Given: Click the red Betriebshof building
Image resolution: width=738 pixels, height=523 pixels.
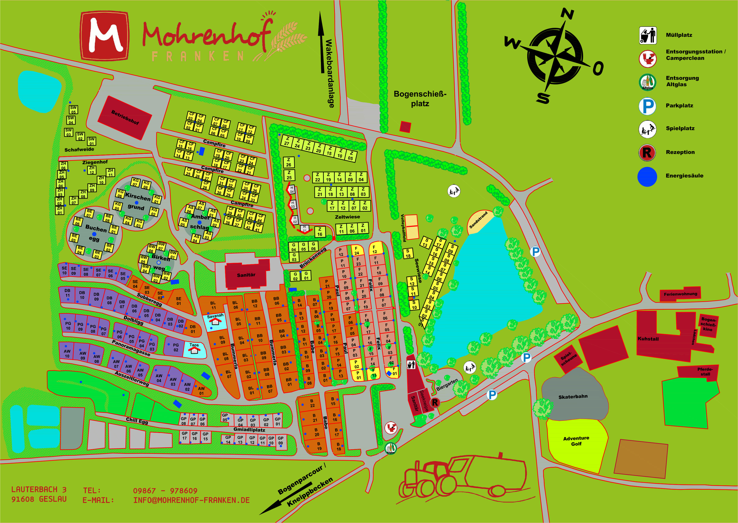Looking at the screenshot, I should coord(125,118).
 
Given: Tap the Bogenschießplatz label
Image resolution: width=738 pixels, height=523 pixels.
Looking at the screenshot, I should coord(420,99).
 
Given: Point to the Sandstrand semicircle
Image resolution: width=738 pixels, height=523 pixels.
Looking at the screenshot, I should coord(479,222).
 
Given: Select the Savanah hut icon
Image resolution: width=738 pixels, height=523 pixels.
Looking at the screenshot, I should coord(215,322).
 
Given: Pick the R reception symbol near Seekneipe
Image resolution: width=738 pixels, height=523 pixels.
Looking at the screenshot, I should coord(435,402).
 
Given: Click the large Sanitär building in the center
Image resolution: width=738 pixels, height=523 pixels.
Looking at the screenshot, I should coord(247,275).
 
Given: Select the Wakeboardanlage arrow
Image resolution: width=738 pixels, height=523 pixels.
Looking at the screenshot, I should coord(321,42).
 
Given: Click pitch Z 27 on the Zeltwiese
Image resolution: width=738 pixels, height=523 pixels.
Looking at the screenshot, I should coord(287,141).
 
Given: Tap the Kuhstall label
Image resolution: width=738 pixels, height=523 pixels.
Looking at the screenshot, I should coord(648,339).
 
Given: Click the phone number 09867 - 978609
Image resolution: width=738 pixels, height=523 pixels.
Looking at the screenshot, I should coord(165,490).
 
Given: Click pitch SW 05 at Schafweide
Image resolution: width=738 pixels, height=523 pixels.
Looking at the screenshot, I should coord(74,109).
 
